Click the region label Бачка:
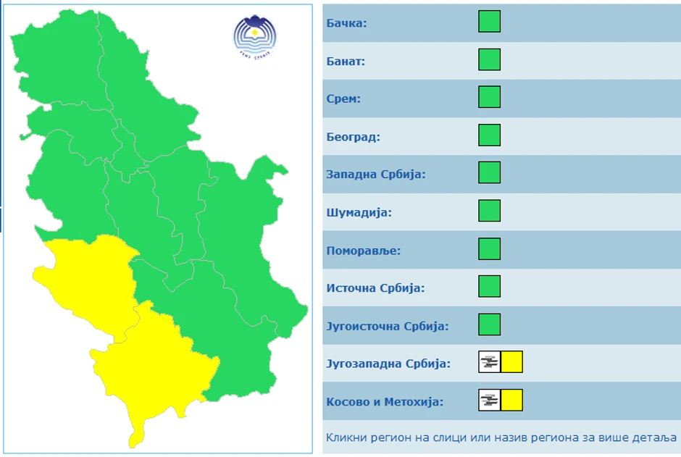(x=346, y=23)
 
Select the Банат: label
(x=346, y=61)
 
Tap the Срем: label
(x=343, y=98)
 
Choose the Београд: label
(x=353, y=136)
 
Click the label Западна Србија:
(x=375, y=175)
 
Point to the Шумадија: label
(x=359, y=212)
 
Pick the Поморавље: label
(x=363, y=251)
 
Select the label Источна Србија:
(x=375, y=288)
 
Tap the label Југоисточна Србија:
(x=388, y=326)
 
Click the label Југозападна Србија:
(x=388, y=364)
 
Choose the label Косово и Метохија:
(x=385, y=402)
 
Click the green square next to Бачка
(x=489, y=22)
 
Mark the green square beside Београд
(x=489, y=135)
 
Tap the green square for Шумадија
(x=489, y=211)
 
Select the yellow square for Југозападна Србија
(x=511, y=362)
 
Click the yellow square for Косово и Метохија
(x=511, y=400)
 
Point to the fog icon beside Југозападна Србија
(x=490, y=362)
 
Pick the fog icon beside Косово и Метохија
(x=490, y=400)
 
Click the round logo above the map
(x=254, y=35)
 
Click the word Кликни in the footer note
(x=345, y=437)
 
